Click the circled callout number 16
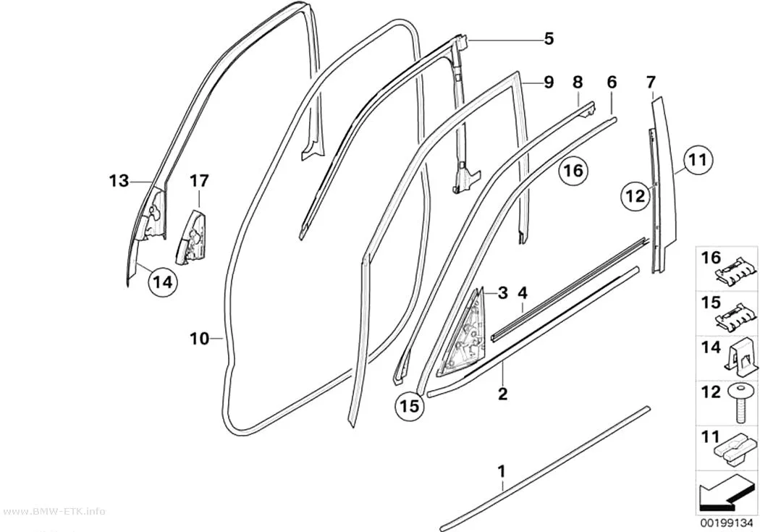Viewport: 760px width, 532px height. pyautogui.click(x=574, y=171)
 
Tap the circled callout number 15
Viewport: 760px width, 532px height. pyautogui.click(x=410, y=405)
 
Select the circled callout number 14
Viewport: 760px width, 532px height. pyautogui.click(x=163, y=282)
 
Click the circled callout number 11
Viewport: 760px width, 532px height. pyautogui.click(x=698, y=159)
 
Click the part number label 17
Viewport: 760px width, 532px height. pyautogui.click(x=199, y=181)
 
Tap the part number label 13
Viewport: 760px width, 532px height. pyautogui.click(x=118, y=181)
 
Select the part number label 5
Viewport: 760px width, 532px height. pyautogui.click(x=549, y=38)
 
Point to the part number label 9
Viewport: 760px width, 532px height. pyautogui.click(x=549, y=82)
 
